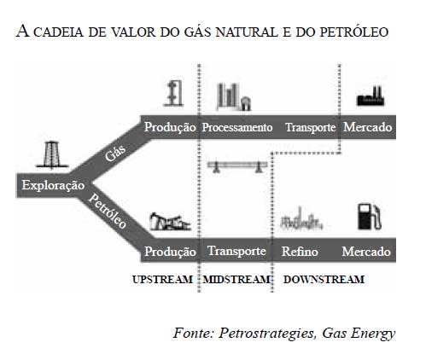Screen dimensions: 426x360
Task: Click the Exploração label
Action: point(53,185)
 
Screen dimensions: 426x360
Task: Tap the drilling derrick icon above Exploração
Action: point(52,154)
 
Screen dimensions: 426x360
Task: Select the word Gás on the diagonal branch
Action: point(115,153)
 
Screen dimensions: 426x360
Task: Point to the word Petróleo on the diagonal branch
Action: point(108,212)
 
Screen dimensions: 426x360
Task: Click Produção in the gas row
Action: point(170,127)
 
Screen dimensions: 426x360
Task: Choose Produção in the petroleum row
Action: point(170,252)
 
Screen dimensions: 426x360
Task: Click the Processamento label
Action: point(237,127)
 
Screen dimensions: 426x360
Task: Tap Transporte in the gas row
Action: point(310,128)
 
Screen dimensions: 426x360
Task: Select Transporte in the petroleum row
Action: point(236,251)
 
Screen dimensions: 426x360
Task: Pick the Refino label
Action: point(300,252)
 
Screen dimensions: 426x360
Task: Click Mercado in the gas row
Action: point(367,127)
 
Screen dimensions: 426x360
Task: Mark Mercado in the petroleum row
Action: point(366,252)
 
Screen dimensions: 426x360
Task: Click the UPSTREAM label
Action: point(162,279)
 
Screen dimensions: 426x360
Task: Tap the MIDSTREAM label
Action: point(236,279)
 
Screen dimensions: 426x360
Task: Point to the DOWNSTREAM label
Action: point(324,279)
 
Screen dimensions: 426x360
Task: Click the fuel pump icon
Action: point(369,216)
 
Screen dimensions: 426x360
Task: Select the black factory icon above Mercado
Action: point(371,96)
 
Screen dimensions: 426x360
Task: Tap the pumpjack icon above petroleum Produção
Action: point(170,221)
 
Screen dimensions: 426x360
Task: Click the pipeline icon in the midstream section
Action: point(237,166)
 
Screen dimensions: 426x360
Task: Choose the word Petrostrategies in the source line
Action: point(267,333)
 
